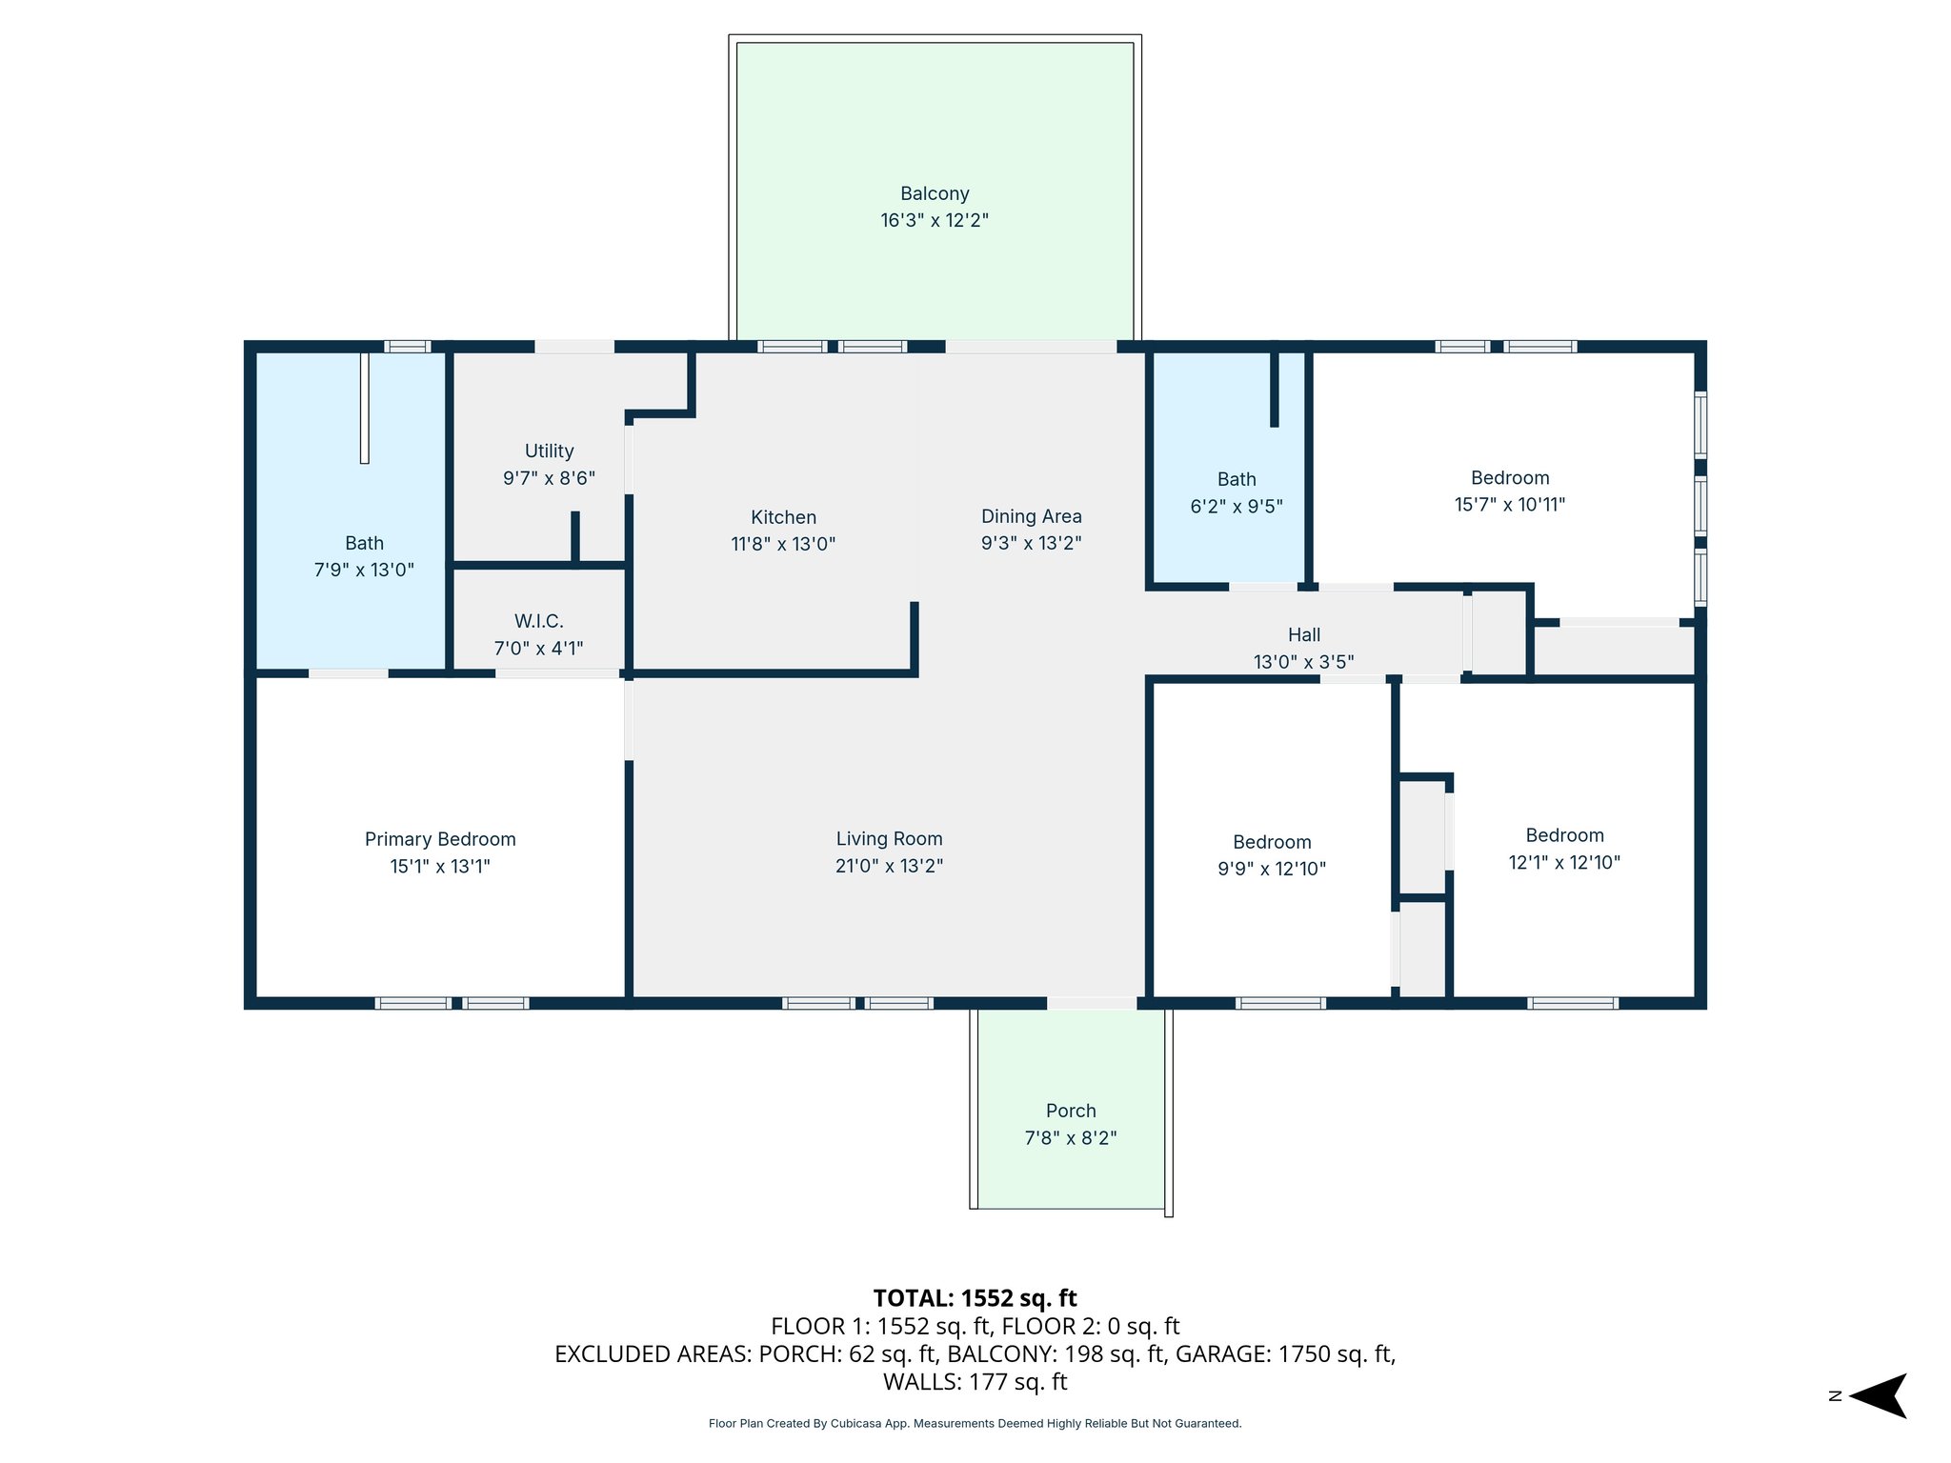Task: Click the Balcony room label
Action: [935, 193]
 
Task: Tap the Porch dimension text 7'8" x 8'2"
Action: [1071, 1137]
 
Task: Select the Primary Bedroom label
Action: [440, 839]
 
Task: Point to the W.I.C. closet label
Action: [539, 621]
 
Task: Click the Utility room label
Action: [550, 451]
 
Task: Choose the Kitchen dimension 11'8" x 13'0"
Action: [783, 544]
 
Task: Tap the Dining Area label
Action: [1032, 516]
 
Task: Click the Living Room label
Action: [890, 838]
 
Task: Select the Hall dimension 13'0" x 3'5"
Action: [1304, 661]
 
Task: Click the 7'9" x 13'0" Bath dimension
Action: [364, 570]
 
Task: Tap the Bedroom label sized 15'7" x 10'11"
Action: [1510, 478]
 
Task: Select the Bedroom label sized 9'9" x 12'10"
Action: [1272, 842]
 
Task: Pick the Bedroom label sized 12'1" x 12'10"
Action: [1564, 835]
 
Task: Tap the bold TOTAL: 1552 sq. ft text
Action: [975, 1298]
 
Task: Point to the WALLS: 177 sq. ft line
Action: [975, 1381]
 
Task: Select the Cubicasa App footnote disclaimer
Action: [975, 1424]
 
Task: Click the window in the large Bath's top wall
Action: [408, 347]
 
